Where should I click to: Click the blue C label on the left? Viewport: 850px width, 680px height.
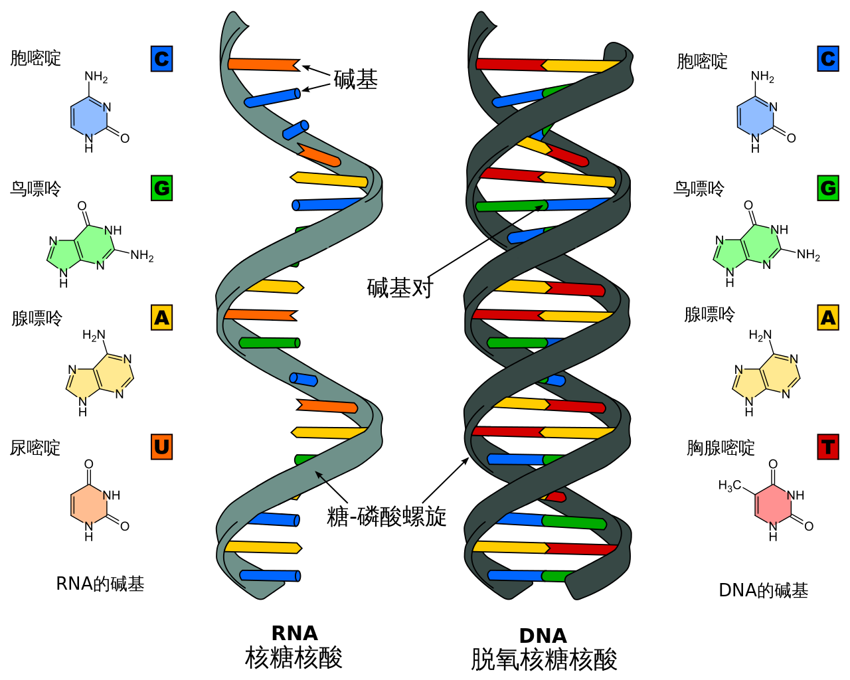click(161, 59)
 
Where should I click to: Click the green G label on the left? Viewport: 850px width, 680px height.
click(161, 189)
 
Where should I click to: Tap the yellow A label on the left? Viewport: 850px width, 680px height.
click(161, 318)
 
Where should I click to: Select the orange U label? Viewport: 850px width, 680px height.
click(161, 447)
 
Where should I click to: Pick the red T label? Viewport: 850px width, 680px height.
click(828, 447)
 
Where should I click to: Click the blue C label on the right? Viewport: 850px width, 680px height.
click(828, 59)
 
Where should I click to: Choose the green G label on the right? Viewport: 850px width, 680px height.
click(828, 189)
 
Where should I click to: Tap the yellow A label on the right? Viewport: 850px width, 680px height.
click(828, 318)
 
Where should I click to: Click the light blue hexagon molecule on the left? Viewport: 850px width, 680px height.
click(89, 118)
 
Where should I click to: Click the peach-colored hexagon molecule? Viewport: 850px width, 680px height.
click(89, 505)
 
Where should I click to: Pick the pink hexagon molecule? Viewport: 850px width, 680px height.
click(773, 505)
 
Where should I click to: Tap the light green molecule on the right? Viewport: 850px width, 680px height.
click(747, 248)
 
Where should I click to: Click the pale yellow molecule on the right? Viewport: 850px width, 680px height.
click(766, 377)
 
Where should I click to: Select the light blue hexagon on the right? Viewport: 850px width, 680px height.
click(755, 118)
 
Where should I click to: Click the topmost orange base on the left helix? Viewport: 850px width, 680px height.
click(262, 64)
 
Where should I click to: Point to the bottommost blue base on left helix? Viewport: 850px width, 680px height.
click(269, 575)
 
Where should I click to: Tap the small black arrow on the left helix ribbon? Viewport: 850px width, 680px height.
click(320, 475)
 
